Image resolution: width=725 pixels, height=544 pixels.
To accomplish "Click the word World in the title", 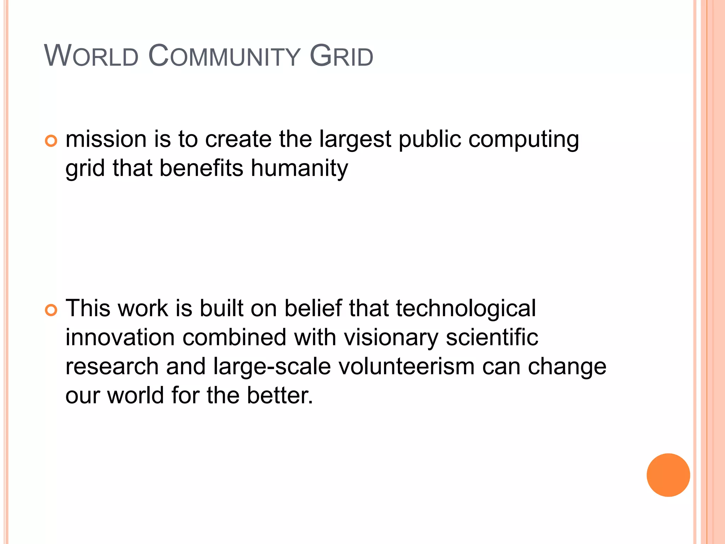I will [x=91, y=56].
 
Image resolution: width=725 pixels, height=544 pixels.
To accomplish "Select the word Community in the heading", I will [x=224, y=56].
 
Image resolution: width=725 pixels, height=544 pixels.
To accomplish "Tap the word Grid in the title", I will [x=341, y=56].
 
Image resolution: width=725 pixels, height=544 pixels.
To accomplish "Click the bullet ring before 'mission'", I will [x=51, y=141].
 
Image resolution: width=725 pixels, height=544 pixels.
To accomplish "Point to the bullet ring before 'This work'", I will [x=51, y=310].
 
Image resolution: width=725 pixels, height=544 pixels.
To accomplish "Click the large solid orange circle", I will [x=668, y=475].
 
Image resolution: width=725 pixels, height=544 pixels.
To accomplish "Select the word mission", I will [x=106, y=139].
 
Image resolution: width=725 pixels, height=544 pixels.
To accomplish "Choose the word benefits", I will [x=201, y=168].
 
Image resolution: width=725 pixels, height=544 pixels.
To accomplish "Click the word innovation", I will [x=120, y=337].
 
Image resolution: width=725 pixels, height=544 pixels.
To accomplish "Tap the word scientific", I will [x=492, y=337].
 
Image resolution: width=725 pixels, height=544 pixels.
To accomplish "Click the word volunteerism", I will [x=406, y=366].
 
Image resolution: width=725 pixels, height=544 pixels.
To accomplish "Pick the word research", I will [x=112, y=366].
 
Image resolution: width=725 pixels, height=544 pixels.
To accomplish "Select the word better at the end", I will [x=279, y=395].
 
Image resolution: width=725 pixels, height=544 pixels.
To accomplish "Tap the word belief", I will [x=313, y=308].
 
